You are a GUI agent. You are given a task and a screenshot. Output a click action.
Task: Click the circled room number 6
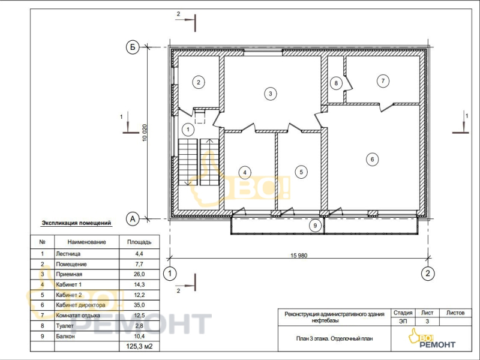click(x=372, y=159)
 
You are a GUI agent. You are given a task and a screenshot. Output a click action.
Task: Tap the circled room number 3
click(x=271, y=94)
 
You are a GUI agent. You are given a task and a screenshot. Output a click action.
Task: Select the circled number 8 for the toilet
click(x=336, y=83)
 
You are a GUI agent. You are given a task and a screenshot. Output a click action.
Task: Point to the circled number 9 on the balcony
click(x=315, y=226)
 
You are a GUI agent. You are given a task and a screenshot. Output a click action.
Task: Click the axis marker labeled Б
click(x=133, y=47)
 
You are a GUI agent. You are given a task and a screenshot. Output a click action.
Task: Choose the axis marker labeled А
click(x=133, y=219)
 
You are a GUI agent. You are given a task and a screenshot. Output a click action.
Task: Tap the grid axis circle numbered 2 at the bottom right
click(x=428, y=273)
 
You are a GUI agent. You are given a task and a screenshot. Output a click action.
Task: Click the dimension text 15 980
click(x=299, y=256)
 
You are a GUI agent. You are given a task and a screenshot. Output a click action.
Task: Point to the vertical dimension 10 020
click(x=145, y=133)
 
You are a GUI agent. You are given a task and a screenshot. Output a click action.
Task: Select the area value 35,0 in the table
click(x=139, y=305)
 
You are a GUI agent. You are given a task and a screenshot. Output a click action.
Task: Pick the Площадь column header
click(x=139, y=242)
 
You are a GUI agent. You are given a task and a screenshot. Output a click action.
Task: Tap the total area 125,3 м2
click(x=139, y=347)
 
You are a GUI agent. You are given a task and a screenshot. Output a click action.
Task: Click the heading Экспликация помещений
click(x=76, y=223)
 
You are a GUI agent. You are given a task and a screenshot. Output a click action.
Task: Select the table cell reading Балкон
click(x=65, y=336)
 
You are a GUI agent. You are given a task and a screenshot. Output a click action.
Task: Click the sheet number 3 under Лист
click(x=427, y=321)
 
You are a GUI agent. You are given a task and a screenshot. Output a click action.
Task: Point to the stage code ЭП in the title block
click(x=403, y=321)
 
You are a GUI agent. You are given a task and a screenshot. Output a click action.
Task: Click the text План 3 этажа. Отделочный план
click(x=334, y=338)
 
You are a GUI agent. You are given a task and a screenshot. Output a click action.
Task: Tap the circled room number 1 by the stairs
click(x=188, y=130)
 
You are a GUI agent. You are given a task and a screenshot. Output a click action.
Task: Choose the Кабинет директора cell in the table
click(x=80, y=305)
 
